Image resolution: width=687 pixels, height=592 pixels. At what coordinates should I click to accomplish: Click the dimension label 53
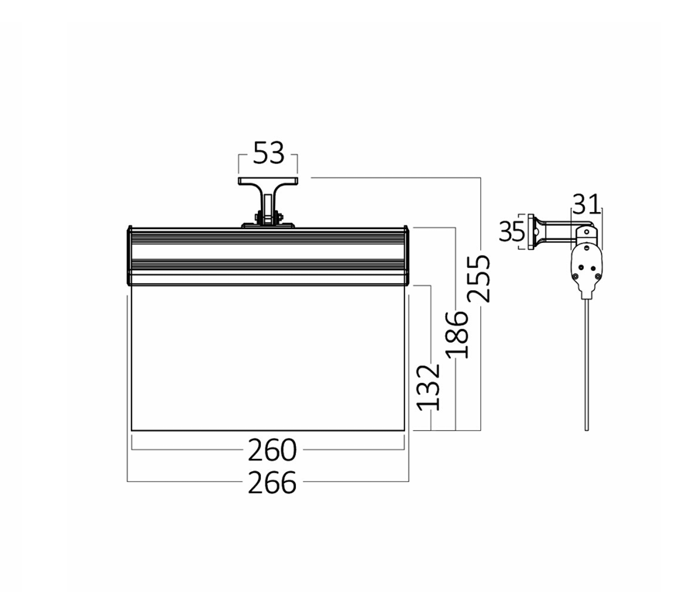pos(269,152)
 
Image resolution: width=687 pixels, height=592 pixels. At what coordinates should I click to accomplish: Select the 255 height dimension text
pos(479,279)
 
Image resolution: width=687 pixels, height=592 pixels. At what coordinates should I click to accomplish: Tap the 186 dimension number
pos(457,334)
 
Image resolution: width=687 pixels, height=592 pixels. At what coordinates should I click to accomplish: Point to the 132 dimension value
pos(428,387)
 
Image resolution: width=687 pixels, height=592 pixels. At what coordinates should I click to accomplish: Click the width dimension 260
pos(272,450)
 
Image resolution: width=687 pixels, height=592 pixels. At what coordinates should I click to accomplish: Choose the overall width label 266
pos(272,483)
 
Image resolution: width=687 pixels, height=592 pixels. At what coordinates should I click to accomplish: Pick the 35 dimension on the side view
pos(512,231)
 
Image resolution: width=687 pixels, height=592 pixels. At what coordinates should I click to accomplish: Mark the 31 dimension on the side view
pos(586,204)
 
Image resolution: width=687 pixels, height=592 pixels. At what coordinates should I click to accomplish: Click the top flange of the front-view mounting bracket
pos(268,180)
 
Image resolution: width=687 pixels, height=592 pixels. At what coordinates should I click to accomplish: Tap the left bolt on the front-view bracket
pos(258,217)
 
